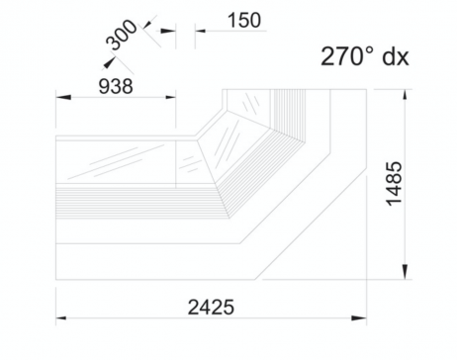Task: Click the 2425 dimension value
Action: point(211,308)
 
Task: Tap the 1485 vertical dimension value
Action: point(395,184)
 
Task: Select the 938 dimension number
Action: point(116,86)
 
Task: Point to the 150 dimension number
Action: point(244,20)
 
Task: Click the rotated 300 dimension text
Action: point(121,35)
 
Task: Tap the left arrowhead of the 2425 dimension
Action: point(63,318)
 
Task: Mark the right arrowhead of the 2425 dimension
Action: point(359,318)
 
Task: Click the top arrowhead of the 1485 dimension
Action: point(406,97)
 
